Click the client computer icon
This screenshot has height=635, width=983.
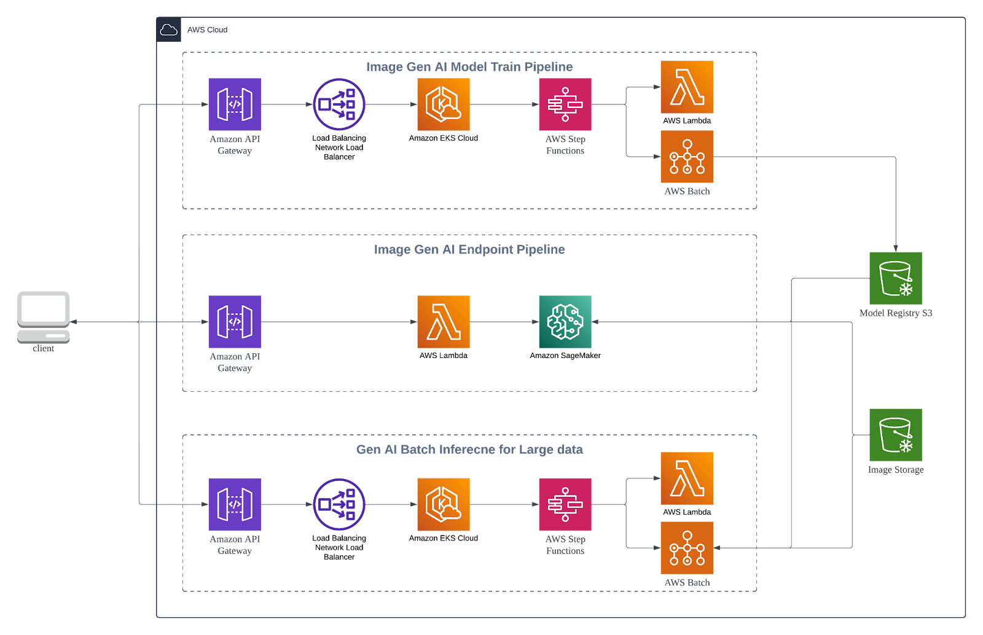(x=43, y=316)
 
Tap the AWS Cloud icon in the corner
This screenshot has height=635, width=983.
(x=168, y=29)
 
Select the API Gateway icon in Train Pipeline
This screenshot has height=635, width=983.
(x=234, y=104)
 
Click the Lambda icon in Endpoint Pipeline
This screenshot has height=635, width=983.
(x=443, y=322)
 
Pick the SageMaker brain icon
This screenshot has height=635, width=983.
(x=565, y=322)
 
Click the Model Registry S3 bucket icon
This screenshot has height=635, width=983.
(x=895, y=278)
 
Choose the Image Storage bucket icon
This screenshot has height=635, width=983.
(x=895, y=434)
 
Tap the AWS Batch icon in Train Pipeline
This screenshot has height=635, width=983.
(x=686, y=156)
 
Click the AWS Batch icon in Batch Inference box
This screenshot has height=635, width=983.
(x=686, y=547)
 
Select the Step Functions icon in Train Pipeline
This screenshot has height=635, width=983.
(x=565, y=104)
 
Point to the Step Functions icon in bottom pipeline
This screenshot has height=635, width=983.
(x=565, y=504)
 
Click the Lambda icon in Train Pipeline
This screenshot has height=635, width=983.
(x=686, y=87)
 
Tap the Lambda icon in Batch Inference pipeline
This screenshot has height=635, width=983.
(x=686, y=478)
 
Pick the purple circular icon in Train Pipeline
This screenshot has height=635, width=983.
(x=339, y=104)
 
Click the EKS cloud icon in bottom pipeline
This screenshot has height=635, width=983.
(x=443, y=504)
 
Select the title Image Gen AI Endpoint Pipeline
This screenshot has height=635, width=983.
(x=469, y=249)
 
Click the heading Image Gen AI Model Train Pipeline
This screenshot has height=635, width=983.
(x=469, y=67)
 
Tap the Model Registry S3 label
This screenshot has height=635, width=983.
(x=895, y=313)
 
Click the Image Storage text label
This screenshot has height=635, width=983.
(x=895, y=470)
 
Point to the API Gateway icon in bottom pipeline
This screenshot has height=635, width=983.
(x=234, y=504)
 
